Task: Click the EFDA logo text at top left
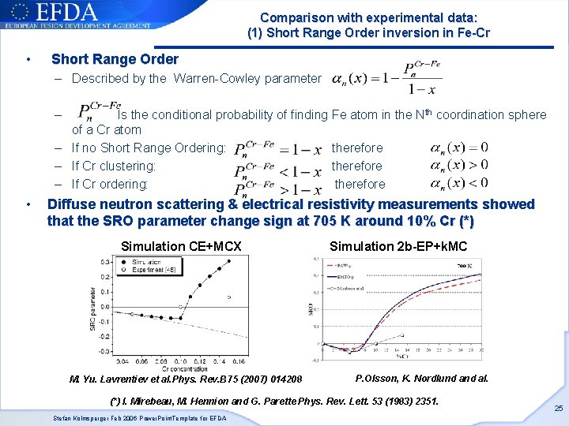[71, 13]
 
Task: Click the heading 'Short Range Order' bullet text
[115, 59]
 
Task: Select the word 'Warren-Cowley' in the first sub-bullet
[211, 78]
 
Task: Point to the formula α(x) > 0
[459, 165]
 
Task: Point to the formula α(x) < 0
[459, 183]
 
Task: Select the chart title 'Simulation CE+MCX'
[181, 247]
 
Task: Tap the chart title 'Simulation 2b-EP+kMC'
[398, 247]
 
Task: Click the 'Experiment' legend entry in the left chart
[146, 270]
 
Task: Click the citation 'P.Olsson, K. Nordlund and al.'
[422, 378]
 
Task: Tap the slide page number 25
[558, 408]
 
